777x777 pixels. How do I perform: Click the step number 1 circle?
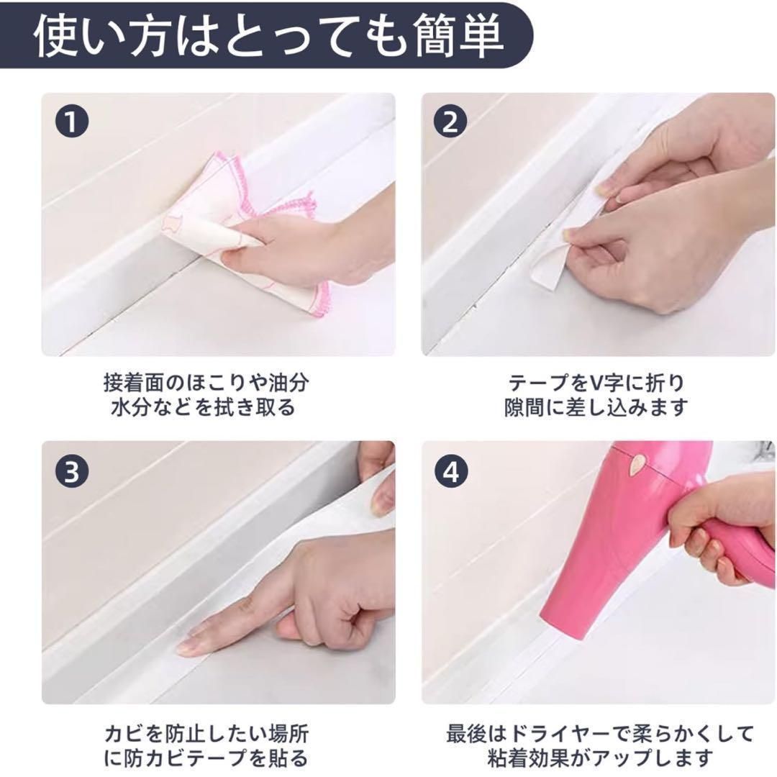tap(71, 122)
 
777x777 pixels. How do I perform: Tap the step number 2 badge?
tap(450, 122)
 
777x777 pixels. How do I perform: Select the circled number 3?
tap(71, 471)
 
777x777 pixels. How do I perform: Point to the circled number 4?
tap(451, 471)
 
